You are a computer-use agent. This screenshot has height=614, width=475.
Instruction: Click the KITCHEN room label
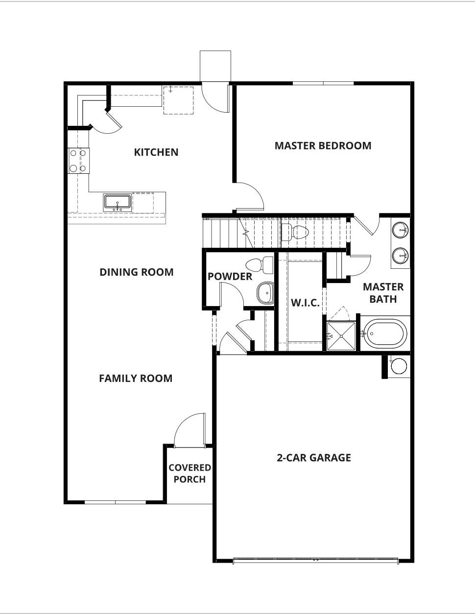[x=156, y=152]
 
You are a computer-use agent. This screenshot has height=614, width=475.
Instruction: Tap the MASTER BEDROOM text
[x=323, y=146]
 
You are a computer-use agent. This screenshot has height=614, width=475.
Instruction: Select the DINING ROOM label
[x=136, y=272]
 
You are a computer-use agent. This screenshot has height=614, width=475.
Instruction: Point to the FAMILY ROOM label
[x=136, y=378]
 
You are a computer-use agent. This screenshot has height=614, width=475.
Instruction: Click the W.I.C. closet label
[x=305, y=303]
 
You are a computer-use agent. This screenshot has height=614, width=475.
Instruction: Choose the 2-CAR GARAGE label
[x=314, y=458]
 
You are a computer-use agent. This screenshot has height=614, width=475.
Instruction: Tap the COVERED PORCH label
[x=190, y=473]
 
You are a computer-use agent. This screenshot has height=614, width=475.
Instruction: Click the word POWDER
[x=230, y=277]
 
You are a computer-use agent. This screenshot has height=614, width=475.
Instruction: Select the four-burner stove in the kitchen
[x=78, y=161]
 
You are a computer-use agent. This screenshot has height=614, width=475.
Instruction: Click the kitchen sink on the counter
[x=117, y=202]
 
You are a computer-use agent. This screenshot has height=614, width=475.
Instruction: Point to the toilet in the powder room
[x=260, y=265]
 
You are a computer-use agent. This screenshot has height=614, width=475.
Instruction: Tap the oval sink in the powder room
[x=265, y=293]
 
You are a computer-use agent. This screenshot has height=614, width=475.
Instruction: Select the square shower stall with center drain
[x=341, y=336]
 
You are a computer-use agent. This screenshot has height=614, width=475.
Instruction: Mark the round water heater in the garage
[x=399, y=366]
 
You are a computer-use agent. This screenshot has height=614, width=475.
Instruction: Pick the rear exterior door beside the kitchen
[x=215, y=97]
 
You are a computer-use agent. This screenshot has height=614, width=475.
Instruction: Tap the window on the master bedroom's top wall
[x=323, y=83]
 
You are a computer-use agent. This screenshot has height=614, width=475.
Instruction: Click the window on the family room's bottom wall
[x=116, y=502]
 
